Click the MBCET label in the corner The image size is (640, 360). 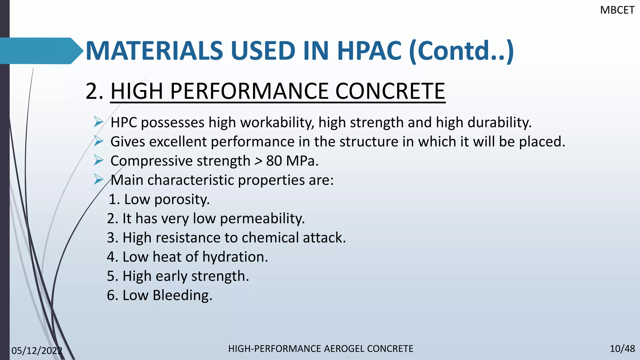(x=617, y=10)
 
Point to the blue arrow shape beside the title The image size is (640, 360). (x=41, y=51)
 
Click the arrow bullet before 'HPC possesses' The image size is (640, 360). (x=98, y=122)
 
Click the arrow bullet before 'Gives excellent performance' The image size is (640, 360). (x=98, y=141)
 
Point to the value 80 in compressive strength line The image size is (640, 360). (x=274, y=161)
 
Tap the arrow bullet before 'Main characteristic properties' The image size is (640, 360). (x=98, y=180)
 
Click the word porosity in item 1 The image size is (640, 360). (x=182, y=200)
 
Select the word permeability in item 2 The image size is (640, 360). (x=262, y=219)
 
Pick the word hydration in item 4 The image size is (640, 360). (x=235, y=257)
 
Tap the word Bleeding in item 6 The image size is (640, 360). (x=182, y=295)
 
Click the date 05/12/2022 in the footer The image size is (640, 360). (x=37, y=351)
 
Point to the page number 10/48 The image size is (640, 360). (x=622, y=349)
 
